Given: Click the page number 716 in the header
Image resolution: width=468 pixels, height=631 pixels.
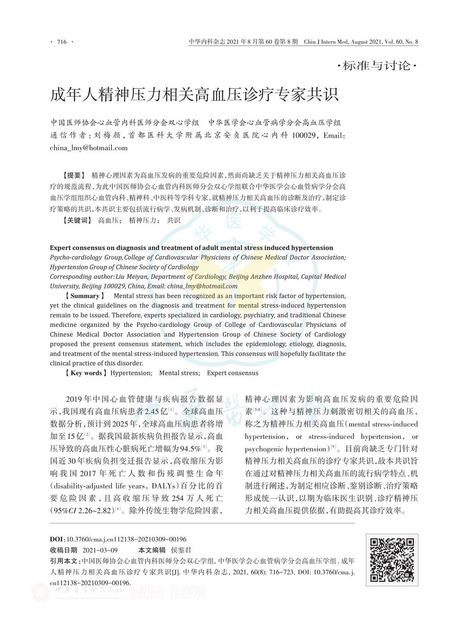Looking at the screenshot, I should coord(62,42).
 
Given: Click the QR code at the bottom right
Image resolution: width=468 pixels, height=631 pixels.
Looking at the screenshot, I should coord(392,560).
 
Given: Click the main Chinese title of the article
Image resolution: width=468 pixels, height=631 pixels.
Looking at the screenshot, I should coord(194,95).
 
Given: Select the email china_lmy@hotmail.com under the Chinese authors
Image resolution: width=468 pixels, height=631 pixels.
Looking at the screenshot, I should coord(88,148).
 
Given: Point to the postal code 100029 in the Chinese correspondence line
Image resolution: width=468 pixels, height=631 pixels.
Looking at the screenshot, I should coord(304,135).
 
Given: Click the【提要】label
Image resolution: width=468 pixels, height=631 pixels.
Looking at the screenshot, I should coord(74,175).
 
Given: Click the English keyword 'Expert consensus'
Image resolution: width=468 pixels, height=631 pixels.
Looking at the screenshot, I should coord(233,373).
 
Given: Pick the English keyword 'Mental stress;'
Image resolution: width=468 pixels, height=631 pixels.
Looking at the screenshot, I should coord(179,373).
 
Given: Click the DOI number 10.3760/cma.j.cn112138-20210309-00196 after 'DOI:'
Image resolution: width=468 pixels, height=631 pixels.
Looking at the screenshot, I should coord(126,539).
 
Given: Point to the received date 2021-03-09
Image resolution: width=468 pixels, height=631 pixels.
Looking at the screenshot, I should coord(100,550).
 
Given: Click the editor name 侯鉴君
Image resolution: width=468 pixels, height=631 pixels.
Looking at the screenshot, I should coord(181,550).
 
